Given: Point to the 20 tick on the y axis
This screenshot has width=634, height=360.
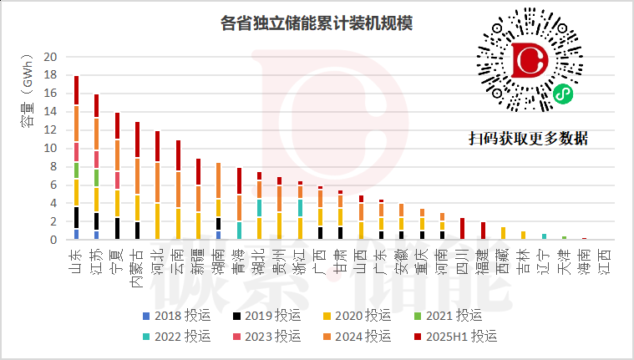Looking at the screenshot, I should (49, 58).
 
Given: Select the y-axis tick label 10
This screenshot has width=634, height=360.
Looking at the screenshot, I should (49, 149).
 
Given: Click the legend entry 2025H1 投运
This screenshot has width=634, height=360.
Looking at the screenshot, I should (456, 336).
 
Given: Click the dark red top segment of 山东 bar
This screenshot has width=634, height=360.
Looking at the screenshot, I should (77, 90).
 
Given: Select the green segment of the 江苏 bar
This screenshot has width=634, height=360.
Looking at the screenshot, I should (96, 177).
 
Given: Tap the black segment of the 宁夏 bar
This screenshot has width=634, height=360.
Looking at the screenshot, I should (116, 228).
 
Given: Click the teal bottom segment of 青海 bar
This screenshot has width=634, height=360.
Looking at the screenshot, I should (239, 231).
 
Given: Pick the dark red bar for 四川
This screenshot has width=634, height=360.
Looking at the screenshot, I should (462, 229).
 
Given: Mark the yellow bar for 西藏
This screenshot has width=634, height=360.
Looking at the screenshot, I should (503, 233).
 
